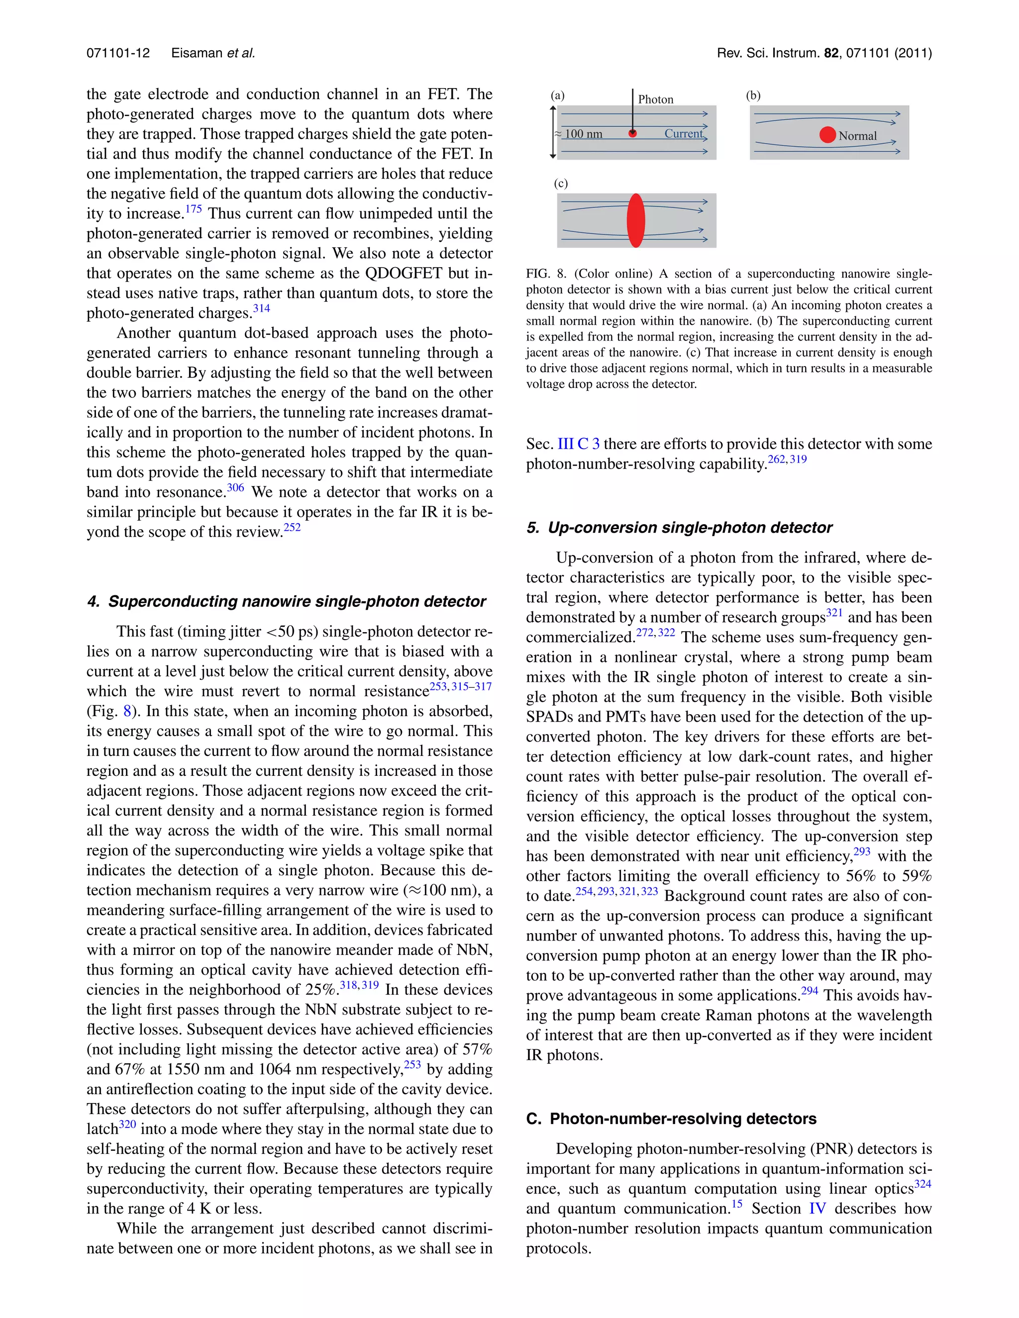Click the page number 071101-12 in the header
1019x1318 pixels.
(118, 53)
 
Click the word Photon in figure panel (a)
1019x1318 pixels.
(656, 99)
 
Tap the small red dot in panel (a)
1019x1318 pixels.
(633, 133)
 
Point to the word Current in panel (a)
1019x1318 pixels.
(683, 133)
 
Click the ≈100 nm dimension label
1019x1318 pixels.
(580, 134)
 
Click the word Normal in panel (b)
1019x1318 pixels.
(857, 136)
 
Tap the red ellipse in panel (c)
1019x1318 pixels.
(636, 220)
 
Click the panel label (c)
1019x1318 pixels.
(561, 184)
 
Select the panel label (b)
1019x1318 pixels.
(753, 95)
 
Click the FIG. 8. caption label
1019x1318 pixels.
(546, 274)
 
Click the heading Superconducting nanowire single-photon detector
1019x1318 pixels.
(297, 602)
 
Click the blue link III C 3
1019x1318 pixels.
(578, 444)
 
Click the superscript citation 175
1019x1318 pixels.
(193, 209)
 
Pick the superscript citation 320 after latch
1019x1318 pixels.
(127, 1125)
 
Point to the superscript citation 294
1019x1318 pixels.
(810, 991)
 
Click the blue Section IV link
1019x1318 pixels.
(817, 1209)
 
